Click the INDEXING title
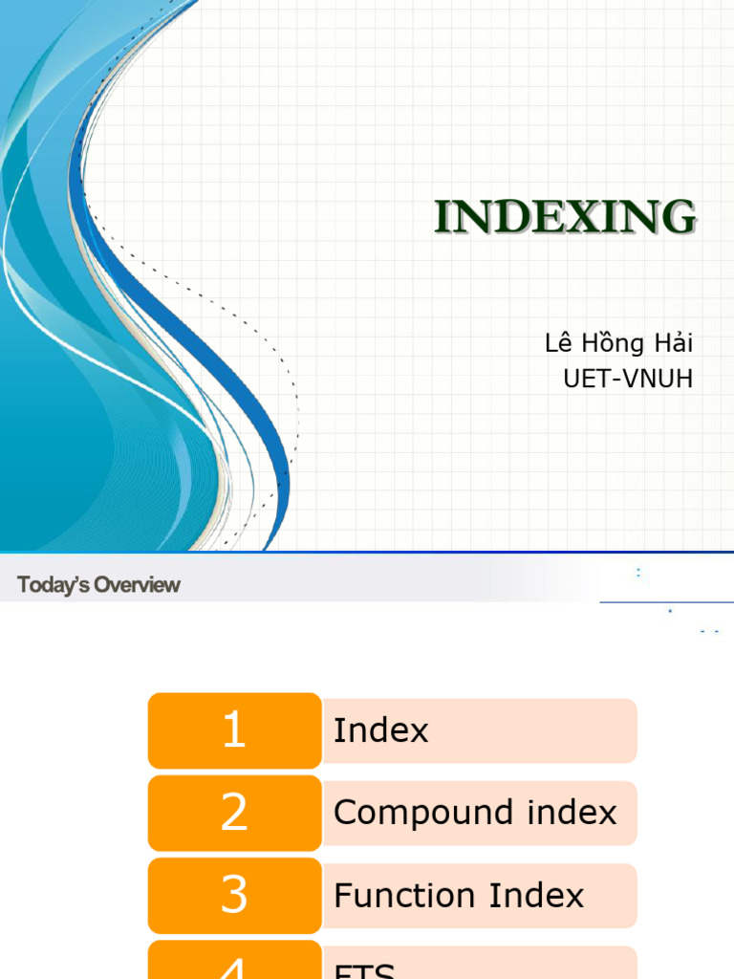click(x=565, y=218)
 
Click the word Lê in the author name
click(x=557, y=344)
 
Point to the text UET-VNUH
click(x=628, y=379)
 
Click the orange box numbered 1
click(x=234, y=731)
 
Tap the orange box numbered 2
click(x=234, y=814)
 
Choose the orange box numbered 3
click(x=234, y=896)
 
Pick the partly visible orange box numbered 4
click(x=234, y=964)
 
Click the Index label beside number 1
click(x=380, y=731)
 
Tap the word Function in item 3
click(x=406, y=896)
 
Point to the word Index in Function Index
click(x=536, y=896)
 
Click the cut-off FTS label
click(x=364, y=970)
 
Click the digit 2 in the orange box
click(x=234, y=814)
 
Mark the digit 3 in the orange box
click(x=234, y=896)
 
